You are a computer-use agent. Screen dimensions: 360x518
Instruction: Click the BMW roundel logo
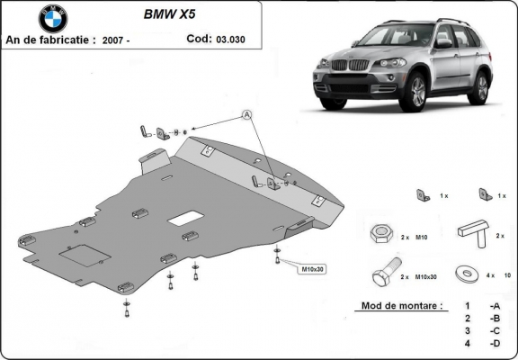[53, 18]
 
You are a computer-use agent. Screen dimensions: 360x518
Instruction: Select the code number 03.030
[230, 39]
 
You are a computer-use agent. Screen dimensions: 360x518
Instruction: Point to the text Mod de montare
[401, 306]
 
